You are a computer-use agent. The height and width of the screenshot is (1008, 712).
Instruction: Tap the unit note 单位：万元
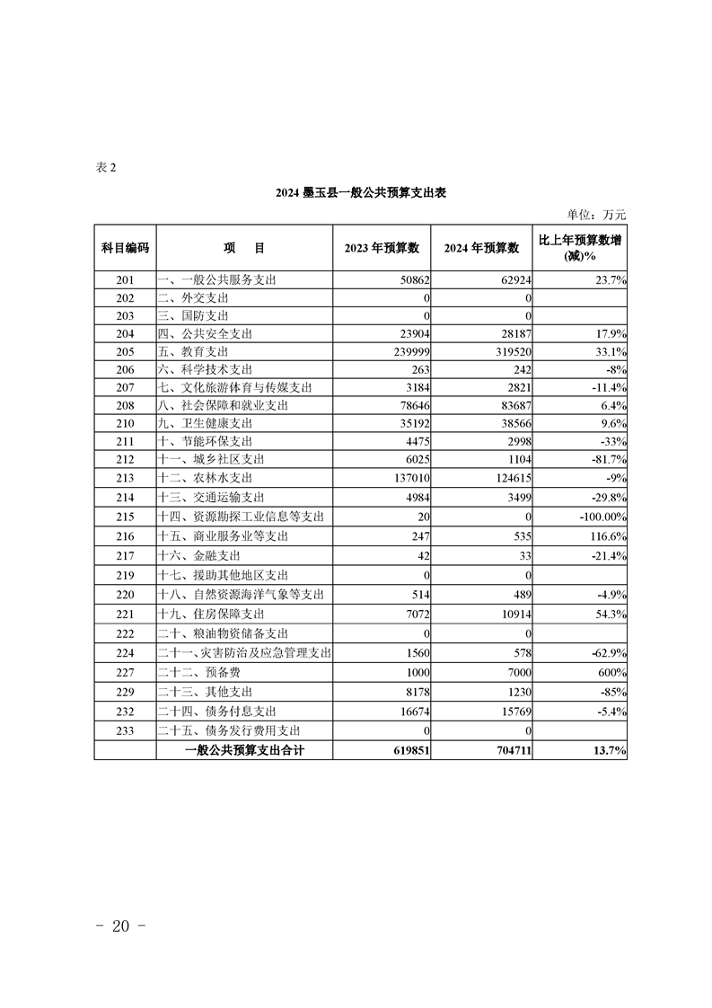click(x=596, y=215)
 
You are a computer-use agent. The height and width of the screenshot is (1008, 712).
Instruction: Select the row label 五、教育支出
click(x=193, y=351)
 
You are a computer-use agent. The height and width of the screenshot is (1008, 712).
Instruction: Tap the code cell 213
click(x=125, y=477)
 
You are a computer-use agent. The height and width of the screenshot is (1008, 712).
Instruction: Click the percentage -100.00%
click(x=600, y=517)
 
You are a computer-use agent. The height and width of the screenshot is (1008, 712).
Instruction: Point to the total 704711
click(x=507, y=750)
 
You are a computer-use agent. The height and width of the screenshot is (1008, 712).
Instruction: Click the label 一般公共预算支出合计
click(x=244, y=750)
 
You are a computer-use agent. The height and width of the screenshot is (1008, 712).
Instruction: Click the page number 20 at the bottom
click(x=120, y=927)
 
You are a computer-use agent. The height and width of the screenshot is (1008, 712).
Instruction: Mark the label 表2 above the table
click(x=106, y=167)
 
